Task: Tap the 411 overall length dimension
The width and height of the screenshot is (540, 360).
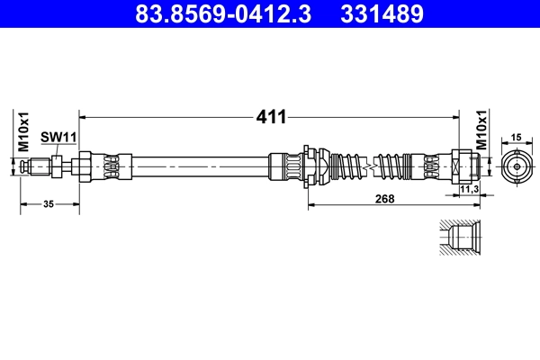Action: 271,117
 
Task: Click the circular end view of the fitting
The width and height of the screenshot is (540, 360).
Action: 517,167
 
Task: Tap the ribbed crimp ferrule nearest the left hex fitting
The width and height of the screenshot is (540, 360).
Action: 112,167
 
